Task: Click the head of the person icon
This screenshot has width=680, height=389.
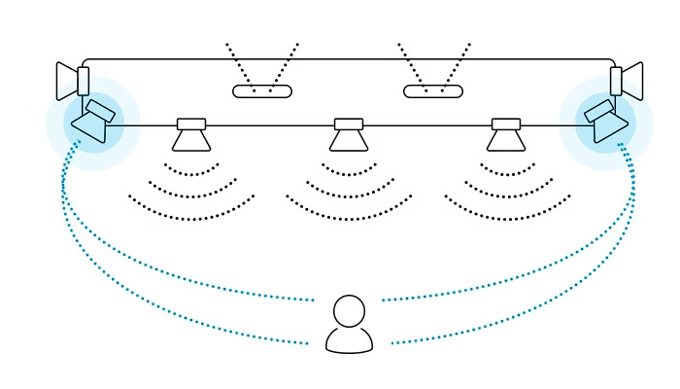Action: (x=349, y=311)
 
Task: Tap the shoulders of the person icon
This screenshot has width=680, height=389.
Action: (x=349, y=340)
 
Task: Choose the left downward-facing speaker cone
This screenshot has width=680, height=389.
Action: (x=191, y=141)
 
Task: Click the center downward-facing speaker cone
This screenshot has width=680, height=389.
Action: (x=349, y=141)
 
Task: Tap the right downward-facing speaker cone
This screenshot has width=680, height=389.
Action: (x=506, y=141)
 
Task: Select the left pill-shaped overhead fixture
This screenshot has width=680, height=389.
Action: (x=262, y=91)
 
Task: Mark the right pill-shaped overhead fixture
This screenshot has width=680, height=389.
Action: (x=433, y=91)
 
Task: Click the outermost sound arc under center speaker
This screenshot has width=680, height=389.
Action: (x=349, y=212)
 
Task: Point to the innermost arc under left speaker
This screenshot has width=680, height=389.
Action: (x=191, y=173)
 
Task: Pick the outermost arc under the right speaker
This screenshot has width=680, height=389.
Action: (x=507, y=212)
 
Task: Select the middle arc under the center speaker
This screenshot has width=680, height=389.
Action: (x=349, y=193)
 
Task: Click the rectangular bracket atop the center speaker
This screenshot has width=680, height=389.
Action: (x=349, y=124)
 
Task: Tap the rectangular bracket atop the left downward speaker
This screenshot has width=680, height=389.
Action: (x=191, y=124)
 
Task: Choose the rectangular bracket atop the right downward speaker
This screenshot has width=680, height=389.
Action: (x=506, y=124)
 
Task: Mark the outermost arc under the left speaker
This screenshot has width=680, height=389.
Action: (x=191, y=212)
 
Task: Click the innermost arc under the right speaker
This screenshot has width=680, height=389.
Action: (x=507, y=173)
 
